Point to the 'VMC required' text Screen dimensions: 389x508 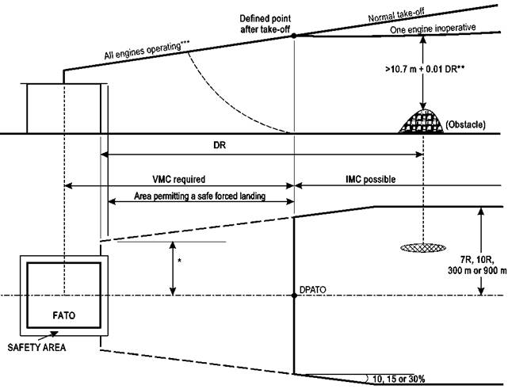179,179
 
